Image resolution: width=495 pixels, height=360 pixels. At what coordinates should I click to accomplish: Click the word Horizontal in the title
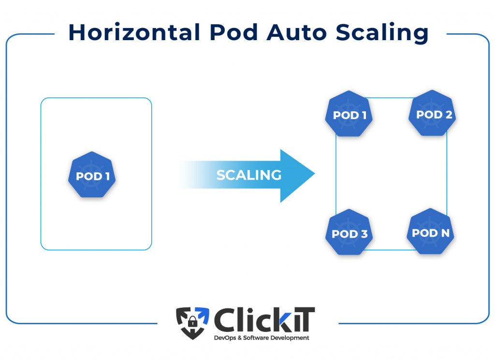click(134, 32)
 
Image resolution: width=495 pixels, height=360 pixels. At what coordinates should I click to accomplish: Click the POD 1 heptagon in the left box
click(92, 175)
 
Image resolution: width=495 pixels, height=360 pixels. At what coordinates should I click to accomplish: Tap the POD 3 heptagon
click(349, 234)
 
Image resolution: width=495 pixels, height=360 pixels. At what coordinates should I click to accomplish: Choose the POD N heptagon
click(431, 232)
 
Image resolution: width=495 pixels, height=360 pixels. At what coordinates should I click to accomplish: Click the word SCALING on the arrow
click(248, 175)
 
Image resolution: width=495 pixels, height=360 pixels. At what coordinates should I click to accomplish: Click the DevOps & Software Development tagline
click(262, 338)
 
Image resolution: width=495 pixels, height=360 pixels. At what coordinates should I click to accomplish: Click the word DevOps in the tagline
click(225, 338)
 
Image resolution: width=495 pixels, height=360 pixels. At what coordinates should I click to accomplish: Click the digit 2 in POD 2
click(448, 115)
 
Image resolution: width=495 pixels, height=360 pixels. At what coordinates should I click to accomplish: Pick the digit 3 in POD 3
click(364, 234)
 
